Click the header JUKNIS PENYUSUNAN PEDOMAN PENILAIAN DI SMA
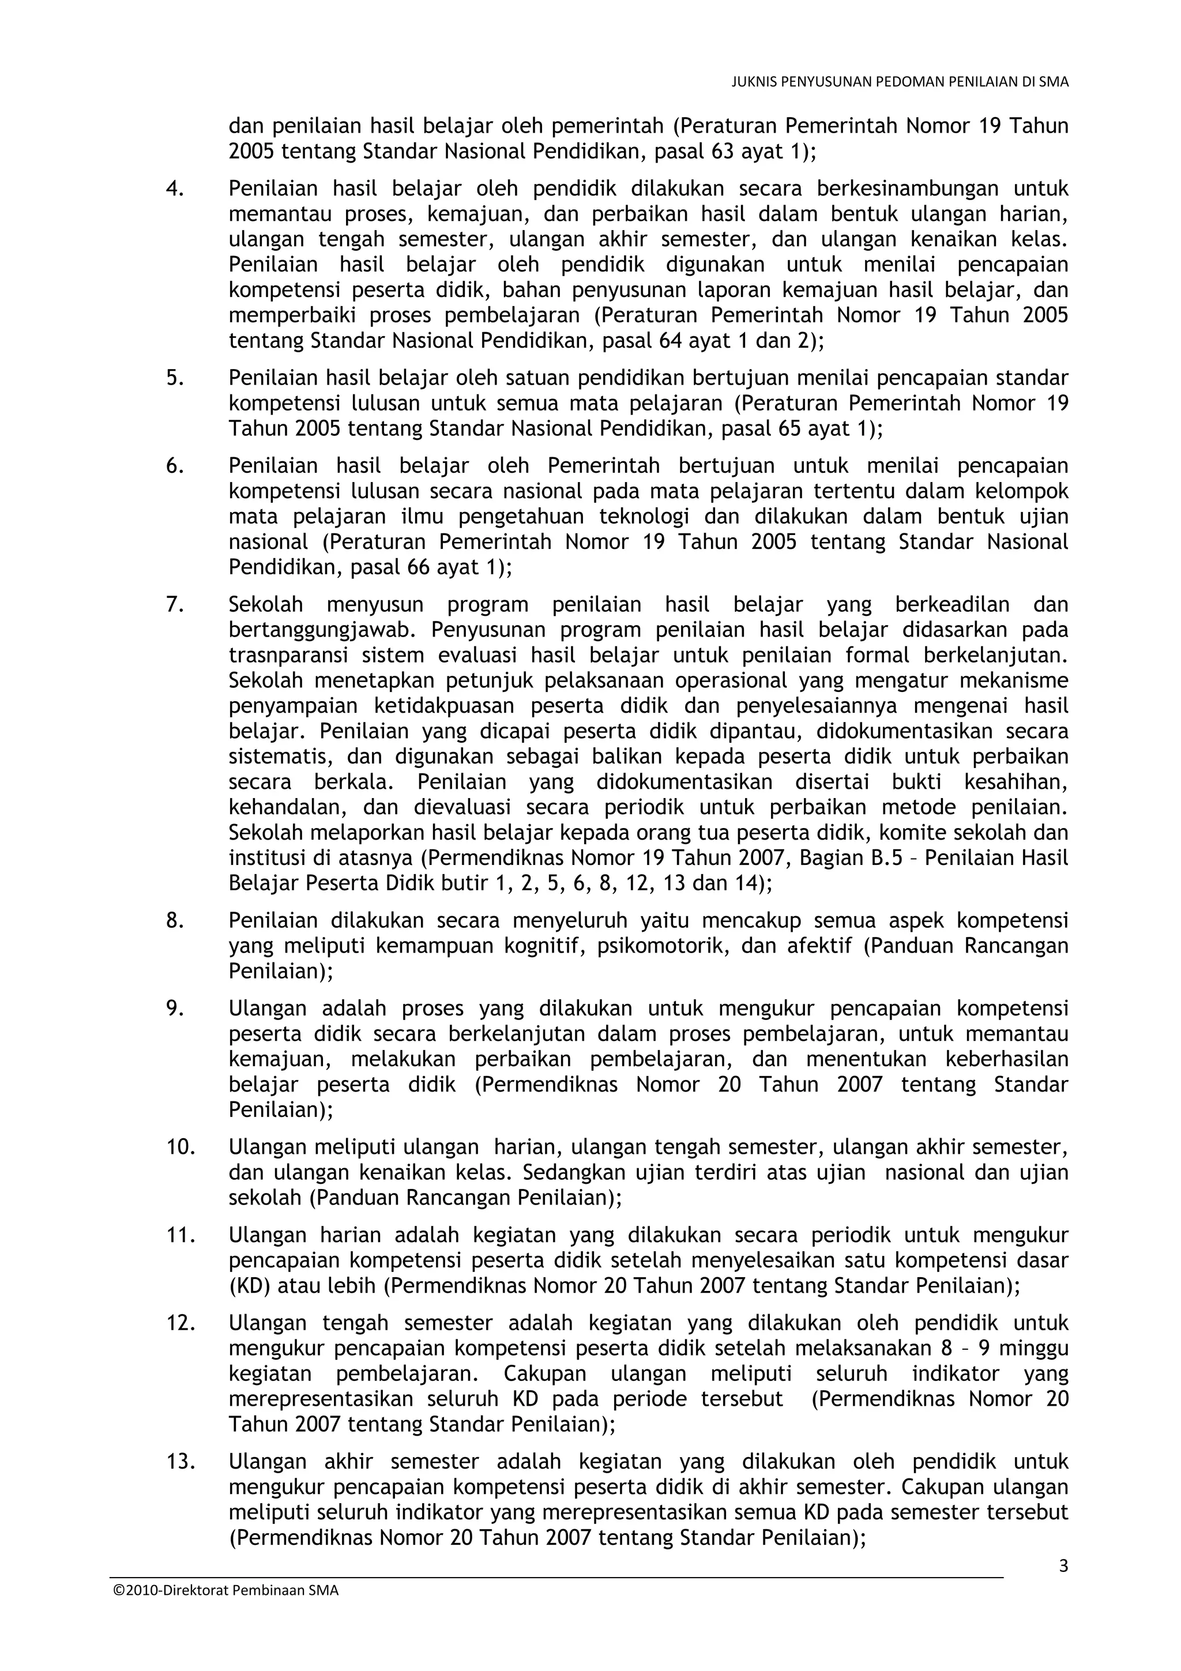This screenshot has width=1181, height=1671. (900, 82)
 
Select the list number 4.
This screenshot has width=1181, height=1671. (175, 189)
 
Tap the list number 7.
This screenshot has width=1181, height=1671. (175, 605)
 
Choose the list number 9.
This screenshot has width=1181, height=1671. (175, 1008)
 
